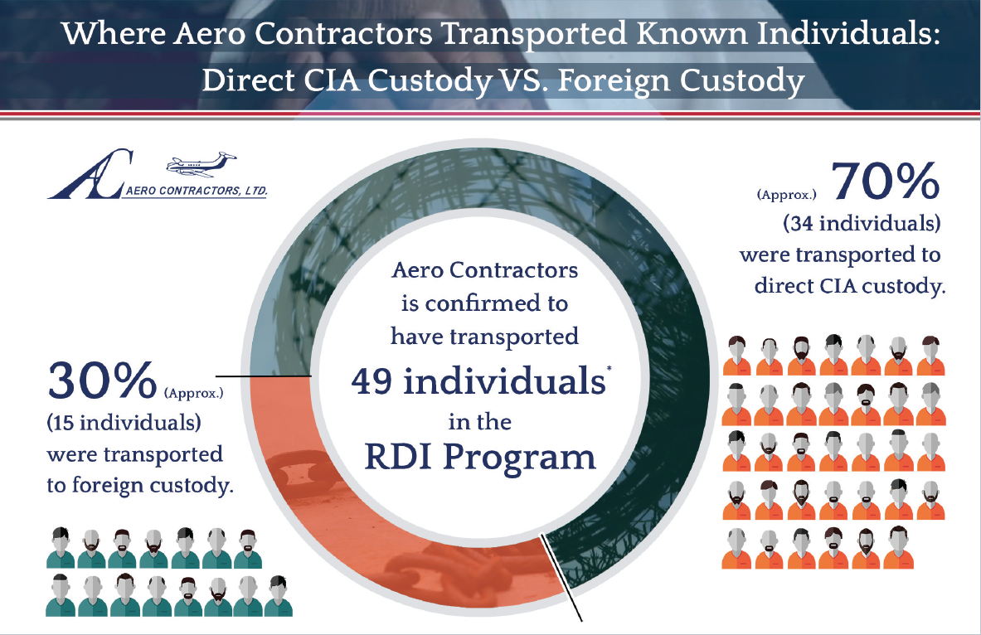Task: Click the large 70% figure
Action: [886, 182]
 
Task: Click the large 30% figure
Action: [102, 380]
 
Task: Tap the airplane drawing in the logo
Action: [201, 164]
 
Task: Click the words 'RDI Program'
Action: [480, 457]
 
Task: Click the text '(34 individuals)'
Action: [862, 223]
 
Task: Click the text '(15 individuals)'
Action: [124, 422]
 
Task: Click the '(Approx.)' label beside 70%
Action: [786, 195]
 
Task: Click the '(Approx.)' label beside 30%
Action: [193, 394]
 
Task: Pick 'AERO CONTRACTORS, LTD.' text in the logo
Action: [197, 191]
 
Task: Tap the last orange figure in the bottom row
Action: [898, 547]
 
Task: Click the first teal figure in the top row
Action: [61, 547]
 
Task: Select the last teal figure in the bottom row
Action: [278, 595]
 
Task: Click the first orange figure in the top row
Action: [737, 356]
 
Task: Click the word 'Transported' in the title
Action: [534, 34]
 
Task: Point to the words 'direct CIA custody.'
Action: [850, 286]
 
